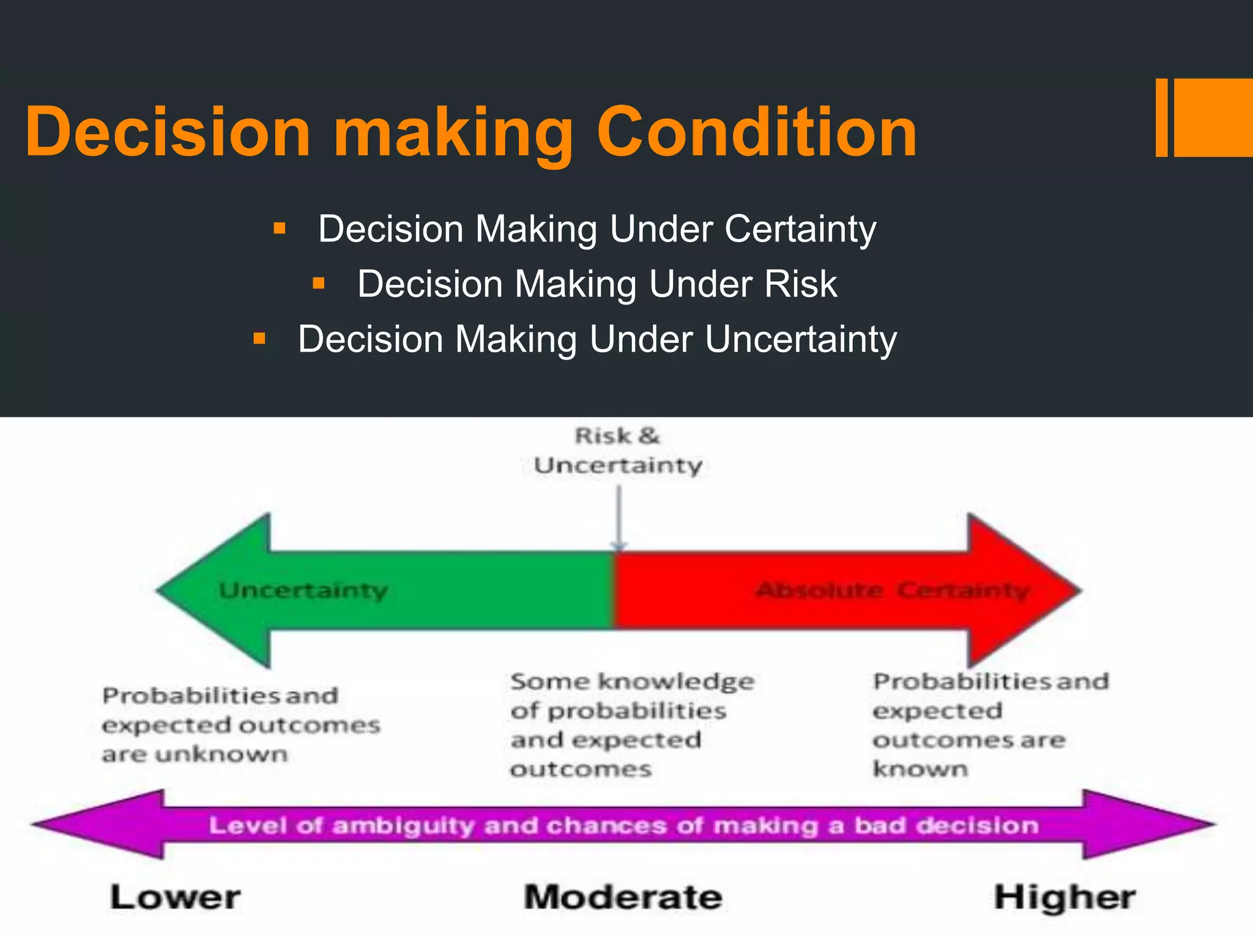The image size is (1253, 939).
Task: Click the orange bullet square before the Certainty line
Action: (x=280, y=229)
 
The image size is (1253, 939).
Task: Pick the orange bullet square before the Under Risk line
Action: (x=318, y=283)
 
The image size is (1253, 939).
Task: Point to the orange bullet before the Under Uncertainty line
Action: (x=259, y=338)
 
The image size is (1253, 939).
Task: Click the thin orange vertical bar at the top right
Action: (x=1161, y=118)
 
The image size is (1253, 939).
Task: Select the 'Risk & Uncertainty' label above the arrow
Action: (x=618, y=451)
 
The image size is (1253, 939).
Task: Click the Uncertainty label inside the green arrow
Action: (x=303, y=591)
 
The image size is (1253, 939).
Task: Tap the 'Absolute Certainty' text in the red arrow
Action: (x=893, y=591)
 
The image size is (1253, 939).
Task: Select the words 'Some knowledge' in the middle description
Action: (x=632, y=682)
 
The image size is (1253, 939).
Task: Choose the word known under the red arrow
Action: (x=920, y=769)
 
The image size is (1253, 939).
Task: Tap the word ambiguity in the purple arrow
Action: (x=404, y=825)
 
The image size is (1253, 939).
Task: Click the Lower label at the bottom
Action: (x=176, y=897)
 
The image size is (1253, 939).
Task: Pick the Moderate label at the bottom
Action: (x=623, y=897)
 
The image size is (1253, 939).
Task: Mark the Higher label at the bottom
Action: (x=1065, y=897)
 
